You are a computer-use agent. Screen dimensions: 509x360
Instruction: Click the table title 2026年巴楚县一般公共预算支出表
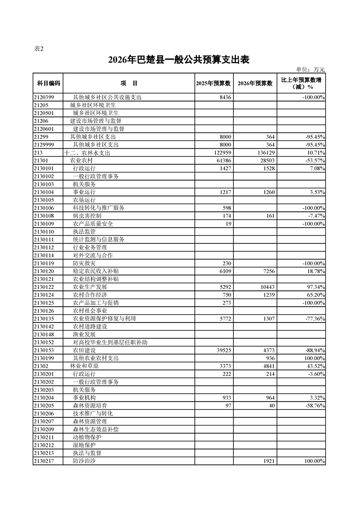pos(179,60)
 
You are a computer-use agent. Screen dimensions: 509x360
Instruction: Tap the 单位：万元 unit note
pos(311,69)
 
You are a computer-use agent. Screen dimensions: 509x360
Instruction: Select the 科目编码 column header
pos(48,83)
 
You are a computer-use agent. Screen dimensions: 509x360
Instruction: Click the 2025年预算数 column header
pos(213,83)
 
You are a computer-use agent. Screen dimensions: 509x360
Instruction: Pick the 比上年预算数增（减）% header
pos(301,83)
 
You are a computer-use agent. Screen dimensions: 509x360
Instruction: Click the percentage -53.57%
pos(314,161)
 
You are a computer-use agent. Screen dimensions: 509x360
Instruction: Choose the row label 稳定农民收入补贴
pos(96,271)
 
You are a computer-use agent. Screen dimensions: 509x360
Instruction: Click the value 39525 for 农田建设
pos(222,350)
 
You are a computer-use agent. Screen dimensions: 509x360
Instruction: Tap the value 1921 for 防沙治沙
pos(268,461)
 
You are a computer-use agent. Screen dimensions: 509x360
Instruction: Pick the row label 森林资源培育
pos(90,406)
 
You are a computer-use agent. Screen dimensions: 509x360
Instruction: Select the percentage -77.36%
pos(314,318)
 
